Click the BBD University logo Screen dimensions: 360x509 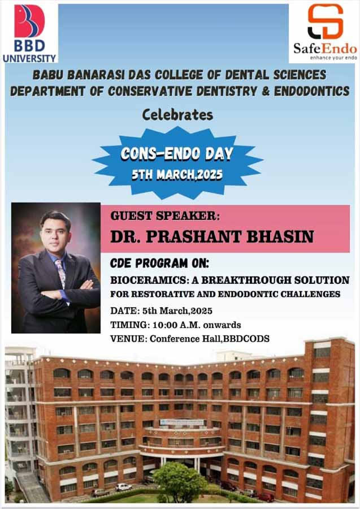click(x=29, y=33)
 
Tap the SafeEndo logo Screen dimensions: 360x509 click(x=325, y=32)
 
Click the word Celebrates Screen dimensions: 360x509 click(x=177, y=115)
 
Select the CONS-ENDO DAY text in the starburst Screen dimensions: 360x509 click(x=177, y=154)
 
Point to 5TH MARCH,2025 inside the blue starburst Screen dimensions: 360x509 click(x=177, y=175)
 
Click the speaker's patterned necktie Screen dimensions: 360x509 click(x=60, y=273)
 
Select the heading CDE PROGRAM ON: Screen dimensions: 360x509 click(x=159, y=263)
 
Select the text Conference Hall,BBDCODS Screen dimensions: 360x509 click(x=210, y=339)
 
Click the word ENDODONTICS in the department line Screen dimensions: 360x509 click(x=311, y=91)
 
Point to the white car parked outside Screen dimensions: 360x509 click(x=124, y=486)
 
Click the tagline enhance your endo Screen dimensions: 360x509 click(x=333, y=58)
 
